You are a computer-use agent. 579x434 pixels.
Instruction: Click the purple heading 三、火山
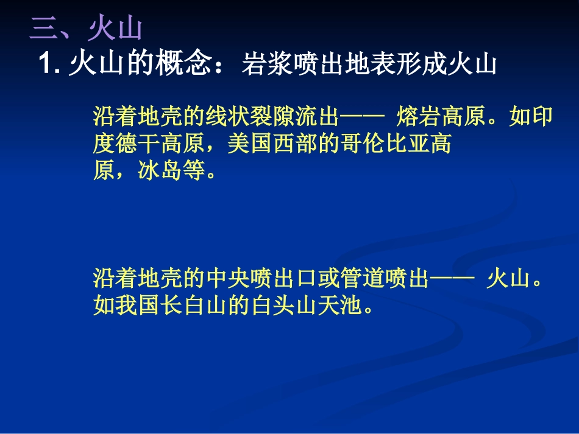click(x=86, y=30)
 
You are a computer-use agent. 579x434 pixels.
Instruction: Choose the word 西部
click(x=294, y=144)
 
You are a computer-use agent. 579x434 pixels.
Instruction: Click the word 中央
click(x=228, y=279)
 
